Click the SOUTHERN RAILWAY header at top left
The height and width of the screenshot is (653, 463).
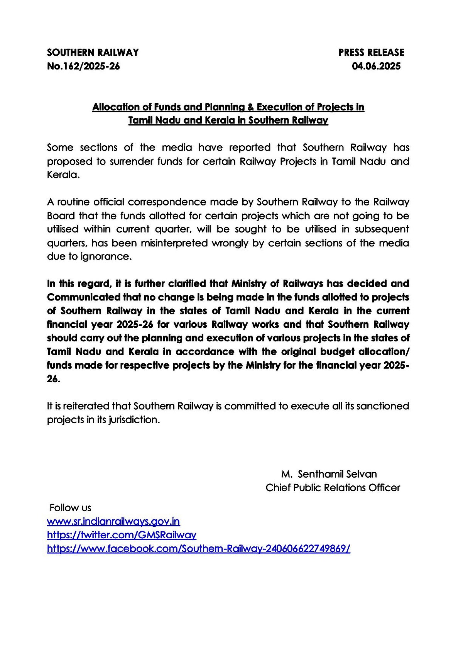pyautogui.click(x=93, y=53)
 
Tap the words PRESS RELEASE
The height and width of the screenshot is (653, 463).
pyautogui.click(x=371, y=53)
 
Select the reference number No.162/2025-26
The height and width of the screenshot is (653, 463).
pyautogui.click(x=83, y=66)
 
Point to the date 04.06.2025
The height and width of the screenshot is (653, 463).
pyautogui.click(x=376, y=66)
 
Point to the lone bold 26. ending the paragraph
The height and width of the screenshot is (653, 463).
pyautogui.click(x=54, y=379)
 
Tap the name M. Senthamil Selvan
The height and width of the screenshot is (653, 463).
pyautogui.click(x=329, y=474)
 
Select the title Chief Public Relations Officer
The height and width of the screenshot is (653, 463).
pyautogui.click(x=333, y=488)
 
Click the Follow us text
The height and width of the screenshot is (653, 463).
pyautogui.click(x=71, y=508)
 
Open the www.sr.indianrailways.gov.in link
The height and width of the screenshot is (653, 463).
pyautogui.click(x=113, y=522)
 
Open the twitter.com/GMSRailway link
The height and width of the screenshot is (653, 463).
pyautogui.click(x=122, y=535)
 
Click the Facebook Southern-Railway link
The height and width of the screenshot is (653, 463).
pyautogui.click(x=198, y=549)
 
